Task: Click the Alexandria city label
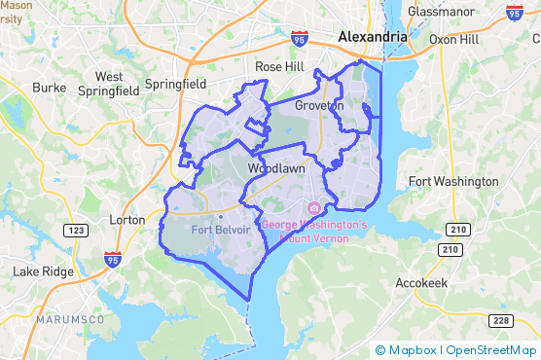(372, 36)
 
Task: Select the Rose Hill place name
(280, 66)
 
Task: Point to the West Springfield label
(109, 84)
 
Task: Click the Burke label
(49, 87)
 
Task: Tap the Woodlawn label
(276, 168)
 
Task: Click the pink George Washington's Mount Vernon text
(313, 231)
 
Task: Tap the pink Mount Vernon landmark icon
(314, 209)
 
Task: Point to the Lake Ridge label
(42, 271)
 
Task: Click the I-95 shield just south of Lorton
(113, 259)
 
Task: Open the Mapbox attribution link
(408, 349)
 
